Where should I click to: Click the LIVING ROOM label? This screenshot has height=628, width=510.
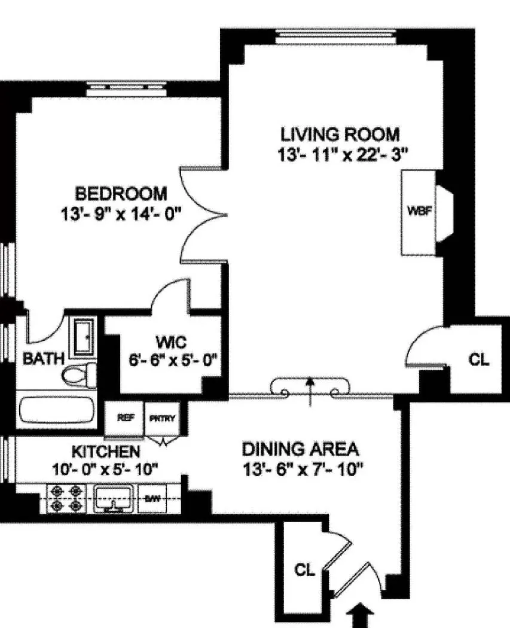[x=340, y=133]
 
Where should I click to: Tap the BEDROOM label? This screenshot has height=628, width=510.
[x=121, y=194]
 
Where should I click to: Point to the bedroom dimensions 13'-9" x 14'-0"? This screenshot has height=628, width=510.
[x=122, y=214]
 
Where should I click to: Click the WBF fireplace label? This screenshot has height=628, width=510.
[x=417, y=211]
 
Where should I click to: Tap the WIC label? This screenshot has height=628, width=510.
[x=172, y=343]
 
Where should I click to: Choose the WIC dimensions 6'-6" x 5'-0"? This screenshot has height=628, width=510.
[x=172, y=361]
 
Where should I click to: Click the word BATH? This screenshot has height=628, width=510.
[x=44, y=359]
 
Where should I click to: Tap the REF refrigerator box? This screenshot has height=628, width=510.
[x=124, y=418]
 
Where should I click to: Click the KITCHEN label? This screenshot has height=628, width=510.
[x=106, y=451]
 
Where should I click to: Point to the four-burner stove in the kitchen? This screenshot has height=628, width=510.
[x=65, y=498]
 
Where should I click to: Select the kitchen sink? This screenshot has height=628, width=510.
[x=114, y=498]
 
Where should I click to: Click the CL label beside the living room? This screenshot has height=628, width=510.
[x=479, y=359]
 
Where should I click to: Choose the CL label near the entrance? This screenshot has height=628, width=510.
[x=304, y=570]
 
